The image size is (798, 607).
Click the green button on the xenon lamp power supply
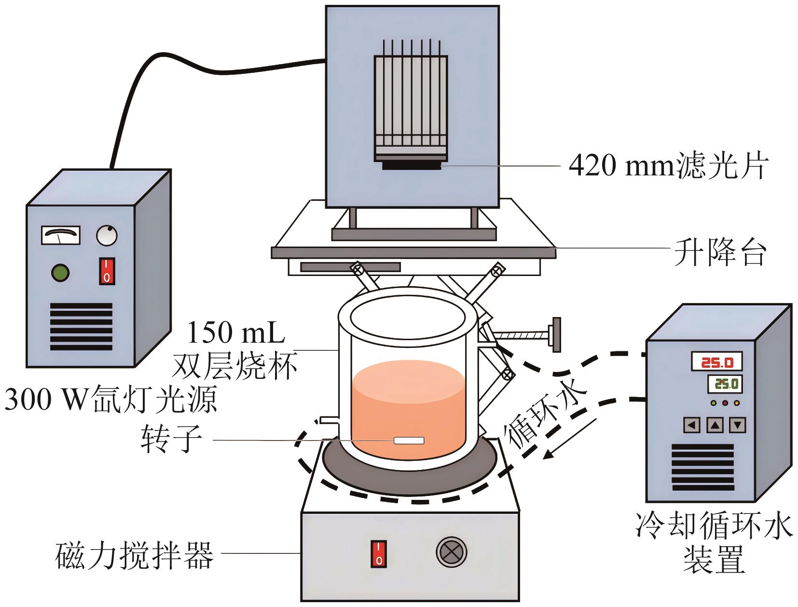pyautogui.click(x=60, y=273)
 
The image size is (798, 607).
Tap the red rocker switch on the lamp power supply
pyautogui.click(x=107, y=271)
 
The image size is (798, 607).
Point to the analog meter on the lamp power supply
pyautogui.click(x=60, y=235)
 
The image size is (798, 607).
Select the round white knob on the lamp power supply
pyautogui.click(x=107, y=236)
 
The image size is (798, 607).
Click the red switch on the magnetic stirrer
pyautogui.click(x=379, y=553)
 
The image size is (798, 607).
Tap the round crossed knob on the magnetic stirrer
pyautogui.click(x=452, y=552)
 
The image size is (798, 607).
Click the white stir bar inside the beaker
pyautogui.click(x=409, y=441)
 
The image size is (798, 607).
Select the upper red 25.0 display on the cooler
pyautogui.click(x=716, y=362)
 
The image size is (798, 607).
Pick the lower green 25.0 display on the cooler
pyautogui.click(x=725, y=384)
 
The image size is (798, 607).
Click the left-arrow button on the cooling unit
pyautogui.click(x=692, y=425)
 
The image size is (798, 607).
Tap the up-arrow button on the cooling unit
pyautogui.click(x=715, y=425)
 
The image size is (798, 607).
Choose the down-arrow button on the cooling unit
pyautogui.click(x=738, y=425)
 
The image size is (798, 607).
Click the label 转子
pyautogui.click(x=172, y=439)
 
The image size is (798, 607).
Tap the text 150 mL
pyautogui.click(x=236, y=332)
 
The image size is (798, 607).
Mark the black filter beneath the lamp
pyautogui.click(x=412, y=166)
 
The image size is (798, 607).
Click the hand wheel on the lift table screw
pyautogui.click(x=556, y=334)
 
